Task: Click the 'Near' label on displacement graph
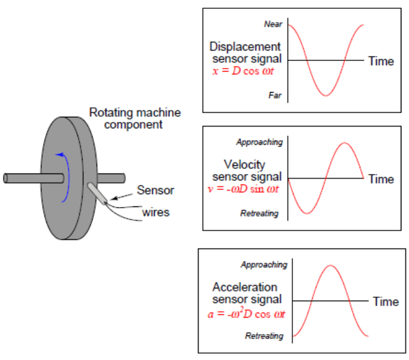(274, 24)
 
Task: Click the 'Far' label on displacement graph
(275, 94)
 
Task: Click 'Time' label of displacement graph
(381, 61)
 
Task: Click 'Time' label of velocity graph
(381, 179)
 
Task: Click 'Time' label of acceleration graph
(386, 302)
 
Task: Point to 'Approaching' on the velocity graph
(259, 142)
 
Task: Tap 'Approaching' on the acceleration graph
(264, 265)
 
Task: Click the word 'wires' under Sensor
(156, 212)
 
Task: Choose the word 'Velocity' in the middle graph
(244, 164)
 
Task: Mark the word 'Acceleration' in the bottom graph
(245, 287)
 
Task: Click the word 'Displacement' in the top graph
(245, 46)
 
